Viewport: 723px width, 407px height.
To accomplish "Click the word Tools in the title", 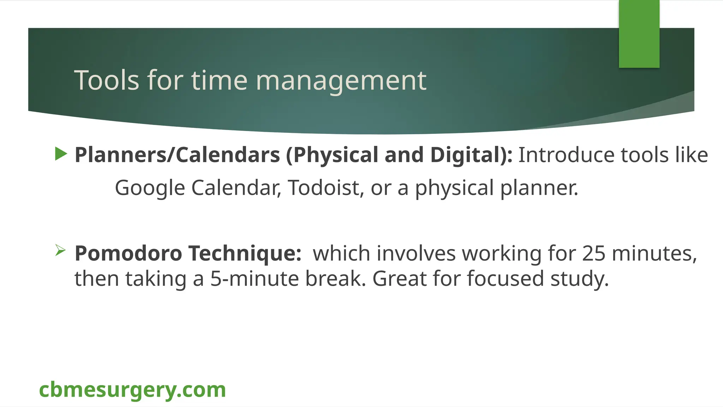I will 107,81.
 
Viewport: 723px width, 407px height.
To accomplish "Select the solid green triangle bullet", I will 61,154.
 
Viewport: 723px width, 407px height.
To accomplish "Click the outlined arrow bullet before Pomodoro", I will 60,250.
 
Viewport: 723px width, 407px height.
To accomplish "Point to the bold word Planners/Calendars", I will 177,155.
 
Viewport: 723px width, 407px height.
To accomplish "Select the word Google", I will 150,188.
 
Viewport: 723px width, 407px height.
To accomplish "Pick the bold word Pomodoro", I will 128,253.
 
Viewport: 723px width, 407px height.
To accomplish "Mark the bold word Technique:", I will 245,253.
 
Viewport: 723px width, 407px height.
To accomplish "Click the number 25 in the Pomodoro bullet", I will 594,253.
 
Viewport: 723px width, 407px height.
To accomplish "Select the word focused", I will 505,279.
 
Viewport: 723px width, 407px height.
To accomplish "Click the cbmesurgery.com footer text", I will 132,390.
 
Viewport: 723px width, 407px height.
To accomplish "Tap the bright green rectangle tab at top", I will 639,34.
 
